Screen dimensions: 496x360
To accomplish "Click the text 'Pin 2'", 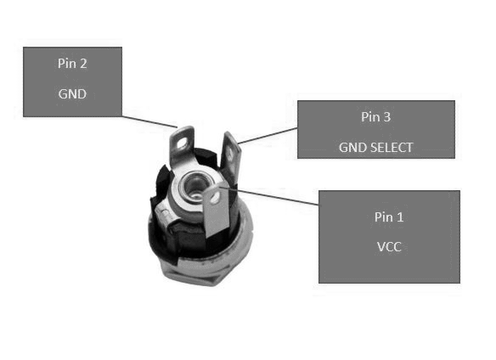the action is tap(72, 64).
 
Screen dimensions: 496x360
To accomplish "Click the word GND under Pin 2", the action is tap(72, 94).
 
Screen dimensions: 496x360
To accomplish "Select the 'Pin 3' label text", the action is tap(375, 117).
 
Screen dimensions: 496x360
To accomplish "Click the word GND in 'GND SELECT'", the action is tap(352, 148).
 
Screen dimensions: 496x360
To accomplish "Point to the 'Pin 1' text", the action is tap(389, 217).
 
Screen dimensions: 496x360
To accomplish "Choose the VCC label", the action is tap(389, 247).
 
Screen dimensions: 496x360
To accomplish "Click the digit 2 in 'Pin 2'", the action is tap(83, 64).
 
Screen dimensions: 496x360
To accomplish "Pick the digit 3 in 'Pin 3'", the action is tap(387, 117).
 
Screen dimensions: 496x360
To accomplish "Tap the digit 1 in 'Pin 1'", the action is tap(400, 217).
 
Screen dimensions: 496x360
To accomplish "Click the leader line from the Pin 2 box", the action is tap(149, 121).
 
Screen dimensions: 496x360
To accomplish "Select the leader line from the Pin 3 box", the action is tap(268, 136).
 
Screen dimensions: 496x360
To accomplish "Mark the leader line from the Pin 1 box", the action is tap(278, 197).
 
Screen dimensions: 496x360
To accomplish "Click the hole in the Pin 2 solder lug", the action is tap(183, 144).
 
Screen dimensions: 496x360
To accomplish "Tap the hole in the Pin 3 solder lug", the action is tap(230, 154).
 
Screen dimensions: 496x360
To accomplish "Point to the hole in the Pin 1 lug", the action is tap(215, 198).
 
